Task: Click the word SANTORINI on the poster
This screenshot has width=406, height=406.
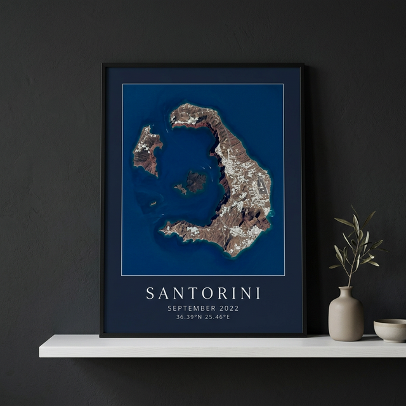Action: coord(203,293)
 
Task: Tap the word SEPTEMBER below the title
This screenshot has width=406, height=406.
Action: coord(190,308)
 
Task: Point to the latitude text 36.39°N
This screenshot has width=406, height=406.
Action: coord(189,317)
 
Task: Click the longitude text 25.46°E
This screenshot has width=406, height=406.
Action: coord(217,317)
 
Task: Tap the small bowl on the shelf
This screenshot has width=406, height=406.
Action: coord(390,330)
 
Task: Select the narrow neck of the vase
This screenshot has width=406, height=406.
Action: coord(346,292)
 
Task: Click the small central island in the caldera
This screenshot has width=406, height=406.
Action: coord(193,183)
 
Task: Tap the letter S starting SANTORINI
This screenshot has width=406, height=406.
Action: coord(150,293)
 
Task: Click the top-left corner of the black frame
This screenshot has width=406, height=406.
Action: coord(103,65)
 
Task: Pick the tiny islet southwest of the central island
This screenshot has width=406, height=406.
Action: coord(153,204)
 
